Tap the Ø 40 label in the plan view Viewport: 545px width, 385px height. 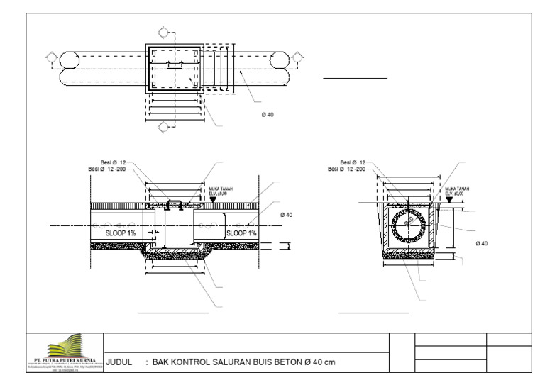tap(268, 116)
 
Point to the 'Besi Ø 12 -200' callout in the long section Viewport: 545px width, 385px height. tap(107, 169)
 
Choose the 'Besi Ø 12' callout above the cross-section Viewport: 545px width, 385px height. tap(353, 162)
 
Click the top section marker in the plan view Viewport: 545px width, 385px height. tap(163, 32)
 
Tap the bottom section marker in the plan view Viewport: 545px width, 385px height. tap(163, 127)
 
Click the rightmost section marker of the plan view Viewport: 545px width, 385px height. tap(295, 57)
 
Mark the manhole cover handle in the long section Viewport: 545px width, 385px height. tap(173, 204)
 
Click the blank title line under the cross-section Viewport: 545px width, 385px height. tap(374, 312)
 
